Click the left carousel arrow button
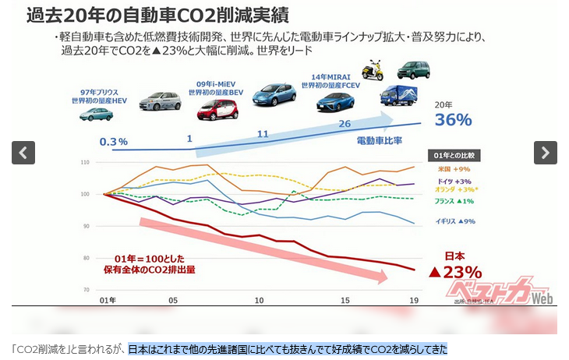pos(23,153)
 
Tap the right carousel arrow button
pos(546,153)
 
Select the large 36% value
pos(454,119)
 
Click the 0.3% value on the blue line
pos(114,141)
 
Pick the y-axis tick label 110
pos(85,162)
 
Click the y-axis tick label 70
pos(87,290)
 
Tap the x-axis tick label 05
pos(172,300)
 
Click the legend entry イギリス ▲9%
pos(455,221)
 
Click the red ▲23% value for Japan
pos(455,272)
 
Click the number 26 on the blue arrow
pos(345,123)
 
